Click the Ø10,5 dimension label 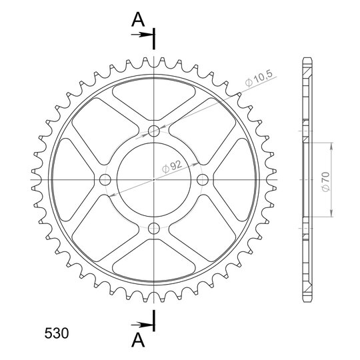(259, 79)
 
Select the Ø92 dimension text (172, 166)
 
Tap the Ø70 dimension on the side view (326, 182)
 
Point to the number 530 (57, 333)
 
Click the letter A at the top (138, 19)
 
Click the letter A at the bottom (138, 340)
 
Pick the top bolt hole (154, 131)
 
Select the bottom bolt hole (154, 228)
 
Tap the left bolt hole (105, 179)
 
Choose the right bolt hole (203, 179)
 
